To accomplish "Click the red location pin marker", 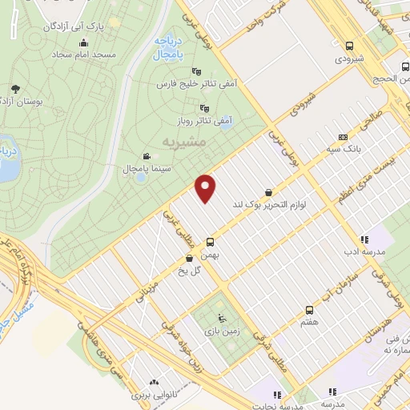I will (207, 187).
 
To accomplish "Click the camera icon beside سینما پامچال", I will (146, 156).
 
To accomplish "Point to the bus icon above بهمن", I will (211, 241).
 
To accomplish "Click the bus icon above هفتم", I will (309, 310).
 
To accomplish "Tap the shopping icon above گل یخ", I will (189, 258).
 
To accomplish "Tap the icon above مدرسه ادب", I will (364, 239).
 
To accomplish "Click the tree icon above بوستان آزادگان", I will (16, 89).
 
